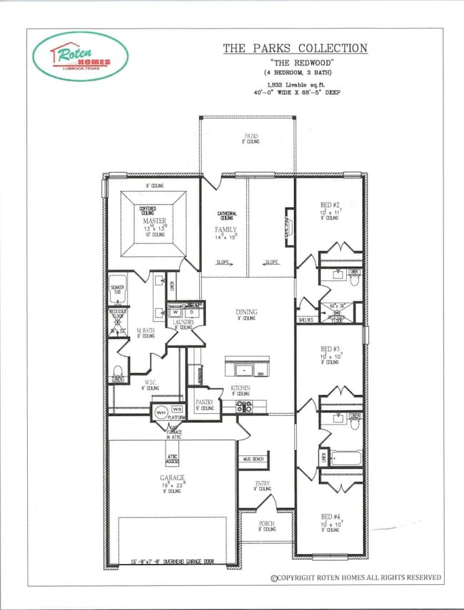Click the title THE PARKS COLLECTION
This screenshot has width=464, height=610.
coord(295,49)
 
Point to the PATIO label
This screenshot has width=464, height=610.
coord(250,136)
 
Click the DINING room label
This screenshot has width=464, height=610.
coord(246,312)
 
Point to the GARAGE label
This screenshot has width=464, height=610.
coord(172,477)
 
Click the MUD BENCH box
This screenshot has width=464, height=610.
coord(254,459)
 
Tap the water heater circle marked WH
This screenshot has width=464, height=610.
coord(160,412)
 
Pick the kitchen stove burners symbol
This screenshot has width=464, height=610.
coord(245,407)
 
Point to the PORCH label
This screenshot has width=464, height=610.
coord(266,524)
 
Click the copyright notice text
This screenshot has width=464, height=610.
coord(355,577)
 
